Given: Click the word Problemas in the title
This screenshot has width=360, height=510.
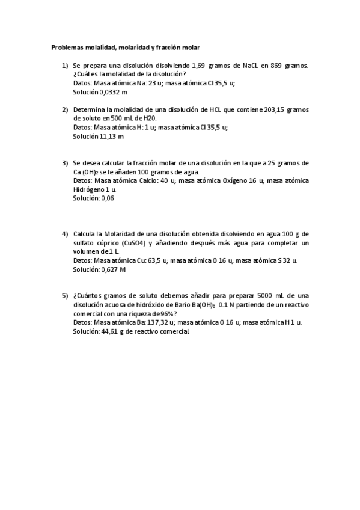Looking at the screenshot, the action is point(66,46).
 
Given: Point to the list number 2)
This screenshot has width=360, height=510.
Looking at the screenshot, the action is point(65,109).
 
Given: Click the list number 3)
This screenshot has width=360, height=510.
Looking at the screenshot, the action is point(65,162).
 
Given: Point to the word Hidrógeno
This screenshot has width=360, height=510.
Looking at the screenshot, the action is point(91,189).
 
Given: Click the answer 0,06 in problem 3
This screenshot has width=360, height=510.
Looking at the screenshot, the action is point(108,198).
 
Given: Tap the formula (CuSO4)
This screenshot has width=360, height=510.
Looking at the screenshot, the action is point(133,242).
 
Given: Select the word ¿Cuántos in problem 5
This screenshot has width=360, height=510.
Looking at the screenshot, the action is point(88,295).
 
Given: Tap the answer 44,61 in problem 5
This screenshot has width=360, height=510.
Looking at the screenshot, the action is point(112,331).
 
